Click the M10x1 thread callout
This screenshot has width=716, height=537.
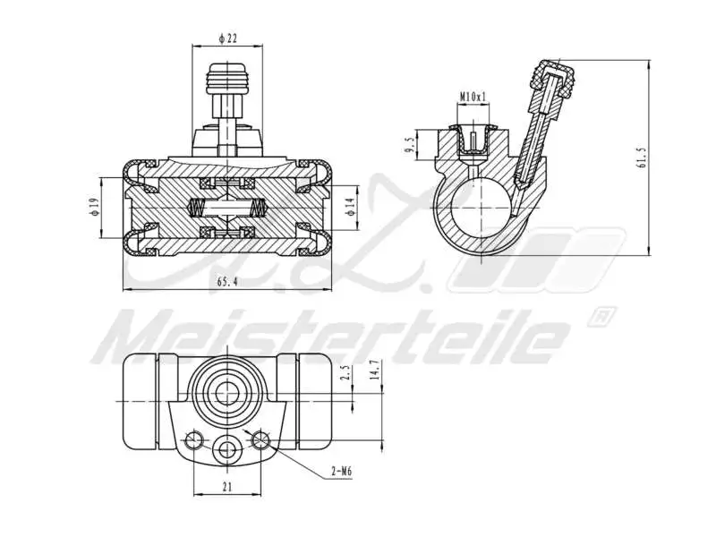[473, 95]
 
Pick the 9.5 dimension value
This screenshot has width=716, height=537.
[408, 144]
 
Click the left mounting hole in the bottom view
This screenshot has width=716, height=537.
[192, 439]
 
